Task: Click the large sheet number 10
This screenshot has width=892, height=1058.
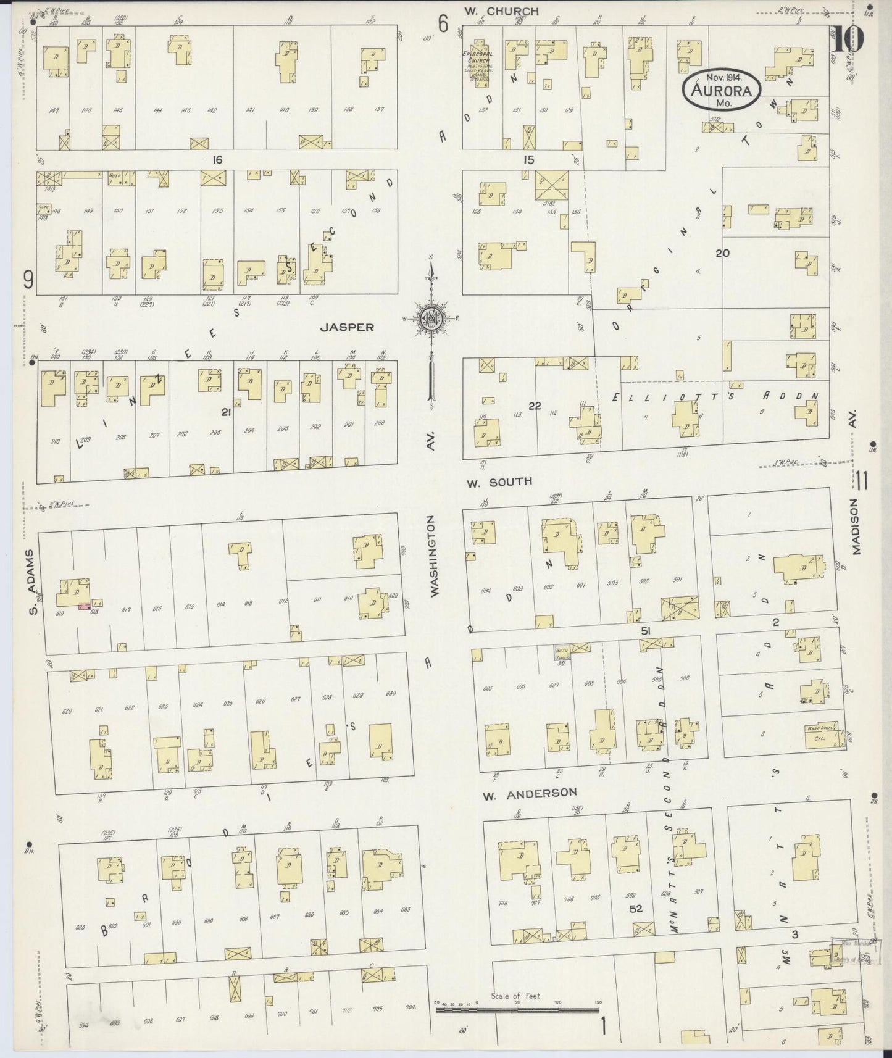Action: (848, 41)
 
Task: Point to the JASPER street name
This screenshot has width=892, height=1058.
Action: (347, 327)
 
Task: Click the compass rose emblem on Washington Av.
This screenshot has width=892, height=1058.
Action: (431, 319)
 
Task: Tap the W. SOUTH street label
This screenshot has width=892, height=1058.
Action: (499, 481)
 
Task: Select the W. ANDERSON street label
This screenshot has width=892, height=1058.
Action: (530, 793)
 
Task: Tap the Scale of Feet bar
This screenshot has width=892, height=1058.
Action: (517, 1010)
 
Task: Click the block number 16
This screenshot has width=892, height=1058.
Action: (217, 160)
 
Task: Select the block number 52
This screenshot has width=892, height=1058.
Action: (636, 909)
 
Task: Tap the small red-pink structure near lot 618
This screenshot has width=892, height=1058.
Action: (83, 608)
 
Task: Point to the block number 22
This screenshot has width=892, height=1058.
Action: (535, 405)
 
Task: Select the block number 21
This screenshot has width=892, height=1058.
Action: (226, 412)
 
